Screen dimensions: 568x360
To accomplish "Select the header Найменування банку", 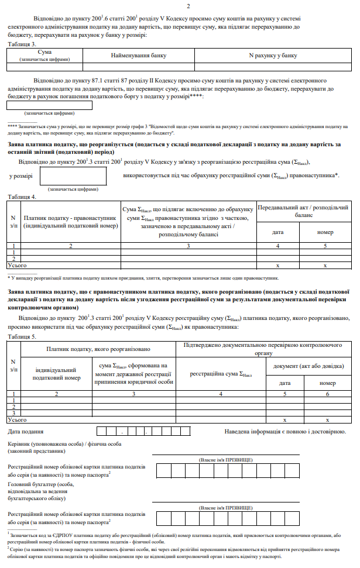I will click(x=139, y=56).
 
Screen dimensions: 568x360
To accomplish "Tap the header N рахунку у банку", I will click(x=273, y=56).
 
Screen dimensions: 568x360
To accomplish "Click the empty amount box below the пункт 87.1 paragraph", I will click(x=49, y=105).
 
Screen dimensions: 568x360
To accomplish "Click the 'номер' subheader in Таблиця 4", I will click(x=326, y=232).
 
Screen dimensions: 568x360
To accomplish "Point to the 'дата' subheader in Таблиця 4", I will click(x=279, y=232).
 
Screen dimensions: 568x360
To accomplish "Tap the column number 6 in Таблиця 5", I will click(x=328, y=394).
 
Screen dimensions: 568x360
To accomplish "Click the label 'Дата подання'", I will click(x=26, y=432).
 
